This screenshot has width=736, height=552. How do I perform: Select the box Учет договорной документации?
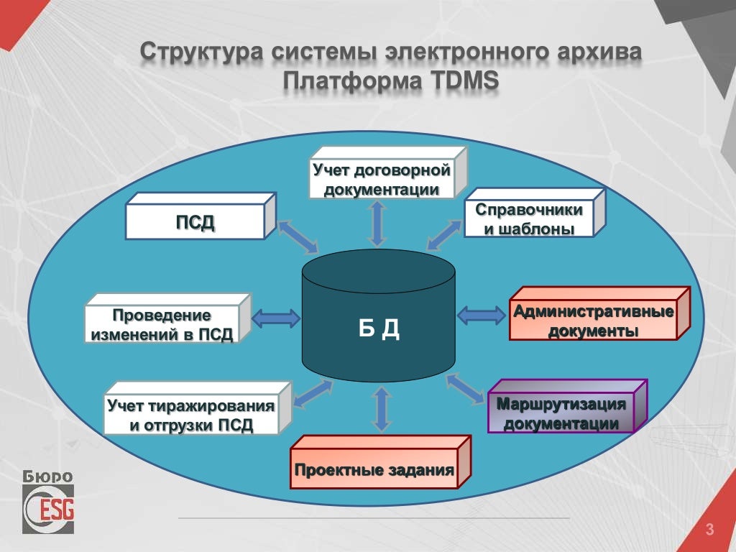[x=382, y=180]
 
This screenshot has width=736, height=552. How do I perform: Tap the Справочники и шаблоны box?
[x=529, y=219]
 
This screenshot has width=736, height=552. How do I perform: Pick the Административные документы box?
[x=593, y=321]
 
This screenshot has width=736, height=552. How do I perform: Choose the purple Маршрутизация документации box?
[x=561, y=413]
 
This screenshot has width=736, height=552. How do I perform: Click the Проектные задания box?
[x=374, y=471]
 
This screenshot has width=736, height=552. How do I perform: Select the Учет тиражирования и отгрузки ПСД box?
[x=191, y=415]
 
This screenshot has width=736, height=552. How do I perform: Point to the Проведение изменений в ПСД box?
[x=162, y=325]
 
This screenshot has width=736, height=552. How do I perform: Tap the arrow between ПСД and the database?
[x=297, y=236]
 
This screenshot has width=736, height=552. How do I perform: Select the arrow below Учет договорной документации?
[x=378, y=224]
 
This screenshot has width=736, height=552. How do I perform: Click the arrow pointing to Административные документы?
[x=482, y=314]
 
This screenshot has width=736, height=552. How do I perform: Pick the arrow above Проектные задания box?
[x=382, y=409]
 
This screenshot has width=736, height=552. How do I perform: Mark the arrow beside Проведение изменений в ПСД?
[x=276, y=316]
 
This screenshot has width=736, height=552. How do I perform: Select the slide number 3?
[x=709, y=531]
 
